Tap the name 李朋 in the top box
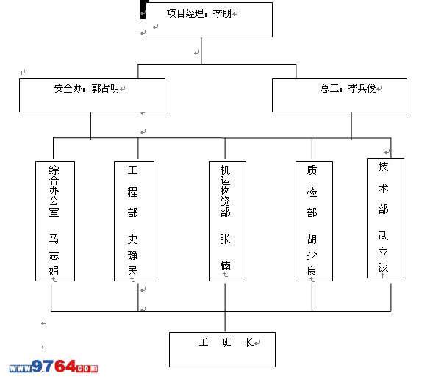click(222, 13)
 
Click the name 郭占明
click(105, 88)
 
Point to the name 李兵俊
click(362, 88)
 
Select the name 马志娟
click(54, 255)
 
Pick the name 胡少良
click(312, 255)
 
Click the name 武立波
click(383, 251)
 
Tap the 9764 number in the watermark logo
click(54, 367)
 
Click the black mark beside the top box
click(143, 10)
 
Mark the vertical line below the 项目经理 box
click(201, 51)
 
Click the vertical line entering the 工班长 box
click(225, 322)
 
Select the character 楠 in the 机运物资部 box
click(225, 265)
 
